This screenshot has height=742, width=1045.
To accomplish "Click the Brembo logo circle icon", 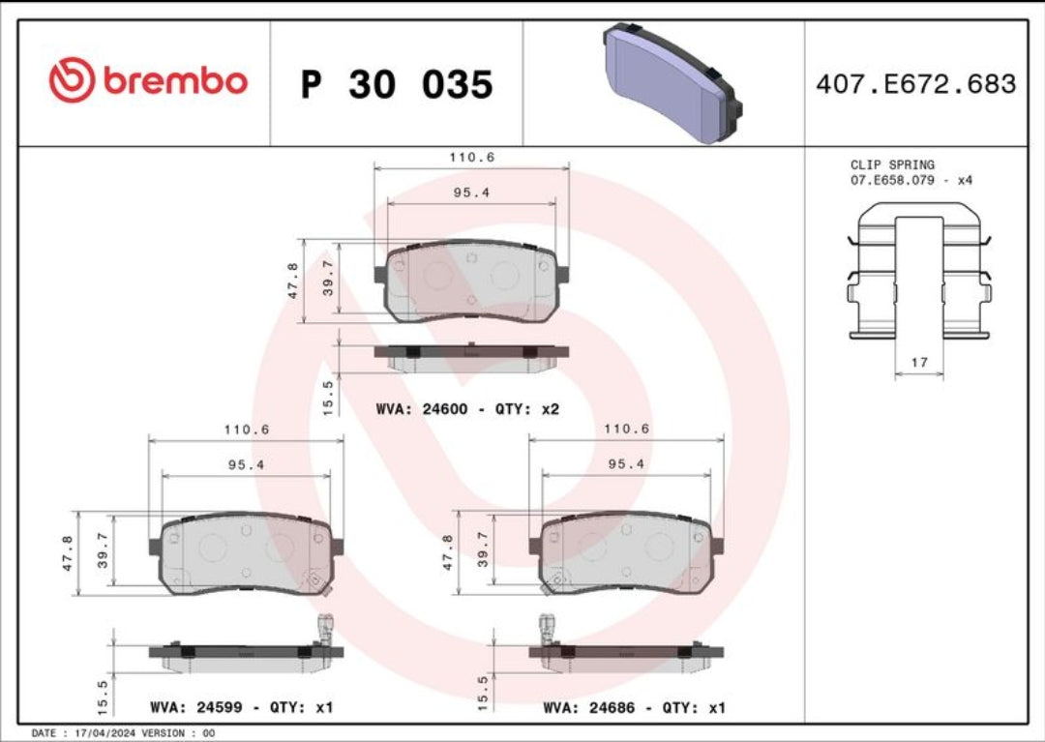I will tap(72, 80).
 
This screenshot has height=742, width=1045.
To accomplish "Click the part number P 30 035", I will tap(397, 85).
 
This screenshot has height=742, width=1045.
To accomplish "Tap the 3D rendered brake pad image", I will tap(673, 83).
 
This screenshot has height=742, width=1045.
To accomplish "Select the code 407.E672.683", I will tap(915, 84).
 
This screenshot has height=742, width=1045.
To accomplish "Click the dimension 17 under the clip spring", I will tap(919, 363).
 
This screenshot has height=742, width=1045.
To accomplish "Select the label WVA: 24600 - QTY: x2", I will tap(467, 409).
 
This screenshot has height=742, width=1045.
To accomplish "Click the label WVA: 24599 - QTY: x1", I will tap(241, 707).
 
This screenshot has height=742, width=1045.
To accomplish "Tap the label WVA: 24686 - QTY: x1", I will tap(635, 707).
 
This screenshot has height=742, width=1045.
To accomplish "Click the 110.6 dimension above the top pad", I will tap(471, 156).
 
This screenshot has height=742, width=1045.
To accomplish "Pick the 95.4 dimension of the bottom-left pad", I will tap(246, 464).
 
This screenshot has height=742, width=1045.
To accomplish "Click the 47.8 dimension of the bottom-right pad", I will tap(448, 552).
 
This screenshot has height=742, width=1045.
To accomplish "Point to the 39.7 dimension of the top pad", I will tap(329, 278).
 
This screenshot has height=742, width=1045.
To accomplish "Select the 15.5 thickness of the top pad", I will tap(328, 397).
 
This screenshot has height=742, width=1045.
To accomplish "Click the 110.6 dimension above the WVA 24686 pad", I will tap(626, 429).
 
